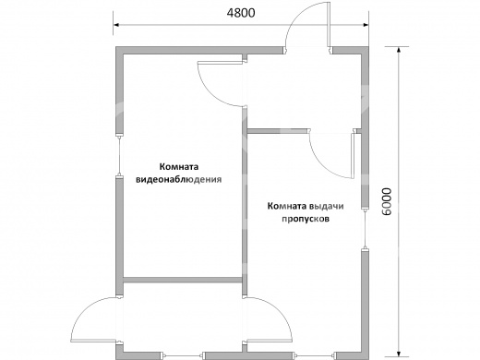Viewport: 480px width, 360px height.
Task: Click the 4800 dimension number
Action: point(241,13)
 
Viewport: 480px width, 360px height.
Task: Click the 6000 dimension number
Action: point(387,201)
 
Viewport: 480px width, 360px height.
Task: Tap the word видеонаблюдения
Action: point(179,179)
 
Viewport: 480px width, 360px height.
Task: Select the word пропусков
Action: point(306,219)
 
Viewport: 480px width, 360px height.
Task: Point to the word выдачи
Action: point(327,206)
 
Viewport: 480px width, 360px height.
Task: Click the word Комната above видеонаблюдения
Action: point(179,167)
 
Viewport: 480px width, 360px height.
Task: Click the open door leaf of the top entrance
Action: point(329,25)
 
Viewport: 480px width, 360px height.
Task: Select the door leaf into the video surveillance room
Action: point(221,62)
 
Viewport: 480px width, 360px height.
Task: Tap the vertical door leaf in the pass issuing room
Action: point(353,155)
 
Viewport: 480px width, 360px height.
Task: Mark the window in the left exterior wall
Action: point(119,155)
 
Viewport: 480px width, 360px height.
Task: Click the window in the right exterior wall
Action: point(365,230)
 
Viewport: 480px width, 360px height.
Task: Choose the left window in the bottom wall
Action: point(184,356)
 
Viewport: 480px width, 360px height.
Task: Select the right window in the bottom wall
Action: point(313,356)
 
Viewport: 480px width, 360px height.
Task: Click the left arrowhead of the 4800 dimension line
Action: point(116,25)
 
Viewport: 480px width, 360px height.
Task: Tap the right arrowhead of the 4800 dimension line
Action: point(366,25)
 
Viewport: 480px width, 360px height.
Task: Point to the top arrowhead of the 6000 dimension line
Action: point(399,50)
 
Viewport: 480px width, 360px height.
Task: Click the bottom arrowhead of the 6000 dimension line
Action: point(399,354)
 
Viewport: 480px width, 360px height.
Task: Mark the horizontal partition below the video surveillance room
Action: point(183,280)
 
